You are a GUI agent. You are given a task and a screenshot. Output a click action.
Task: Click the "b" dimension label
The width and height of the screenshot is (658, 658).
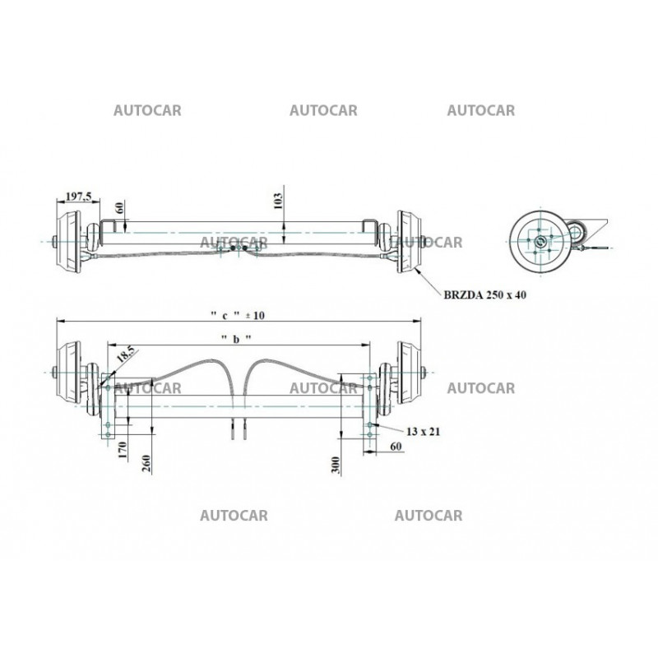[x=235, y=339]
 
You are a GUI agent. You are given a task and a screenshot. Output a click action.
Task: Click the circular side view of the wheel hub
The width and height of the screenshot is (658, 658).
[x=540, y=240]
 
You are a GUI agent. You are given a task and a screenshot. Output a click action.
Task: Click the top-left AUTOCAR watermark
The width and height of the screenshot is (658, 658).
[x=147, y=110]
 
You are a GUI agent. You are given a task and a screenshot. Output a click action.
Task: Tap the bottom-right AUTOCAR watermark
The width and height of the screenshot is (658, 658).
[x=429, y=516]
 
